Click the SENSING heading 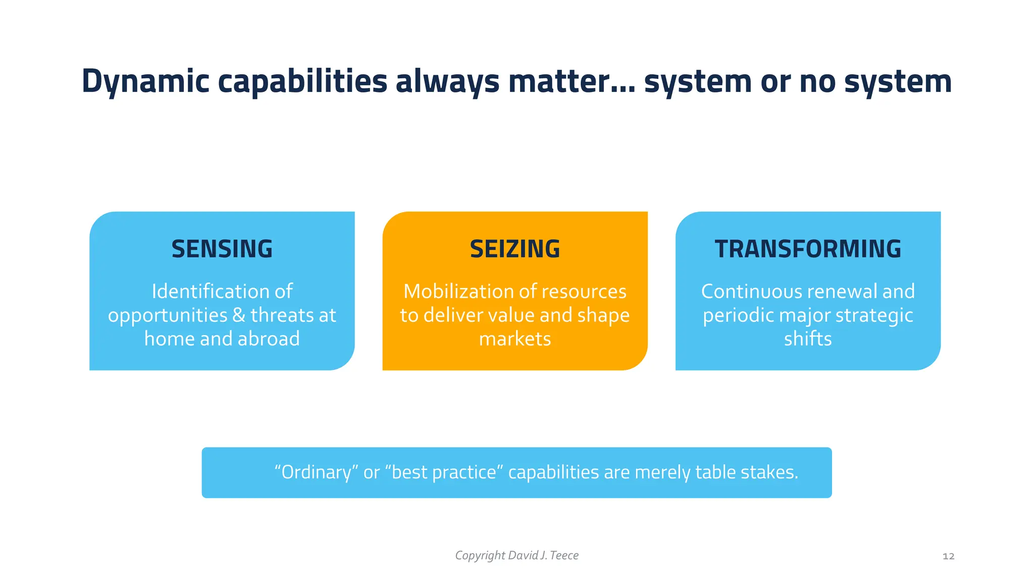pos(222,249)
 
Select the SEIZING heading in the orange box pos(514,249)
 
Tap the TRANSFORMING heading pos(807,249)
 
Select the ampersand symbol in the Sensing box pos(239,315)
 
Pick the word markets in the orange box pos(514,339)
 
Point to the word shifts pos(807,339)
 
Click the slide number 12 pos(948,556)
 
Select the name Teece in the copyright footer pos(564,555)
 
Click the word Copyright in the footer pos(480,556)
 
